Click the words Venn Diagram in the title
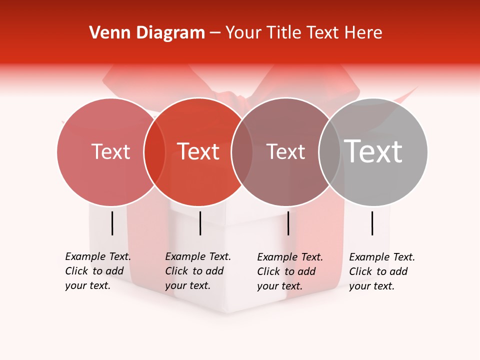point(147,33)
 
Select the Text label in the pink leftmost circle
point(110,151)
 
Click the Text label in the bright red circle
point(198,151)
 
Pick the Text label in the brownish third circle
point(285,151)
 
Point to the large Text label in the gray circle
point(373,151)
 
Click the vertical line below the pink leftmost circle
point(112,223)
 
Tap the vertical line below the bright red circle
point(200,223)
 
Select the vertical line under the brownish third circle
point(288,223)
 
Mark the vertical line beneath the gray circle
point(372,223)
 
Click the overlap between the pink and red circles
point(154,151)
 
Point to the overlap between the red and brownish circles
point(242,151)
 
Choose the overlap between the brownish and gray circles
point(329,151)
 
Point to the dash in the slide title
point(215,33)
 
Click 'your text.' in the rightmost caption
point(371,286)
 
